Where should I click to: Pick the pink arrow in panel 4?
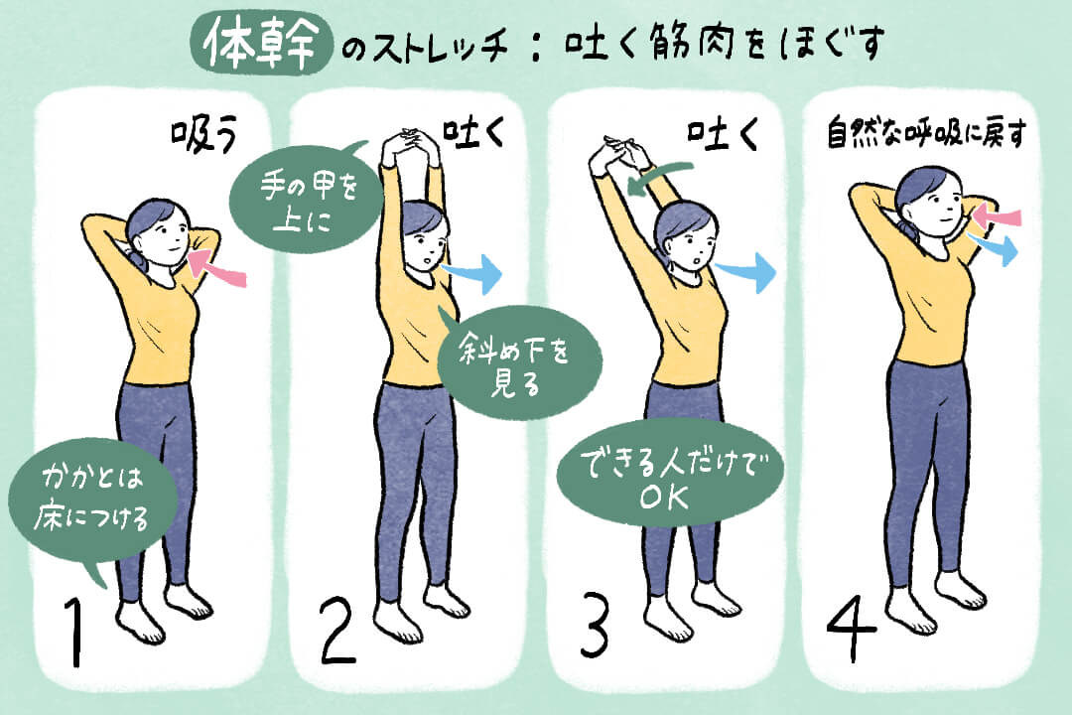coord(997,214)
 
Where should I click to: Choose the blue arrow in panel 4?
coord(997,247)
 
